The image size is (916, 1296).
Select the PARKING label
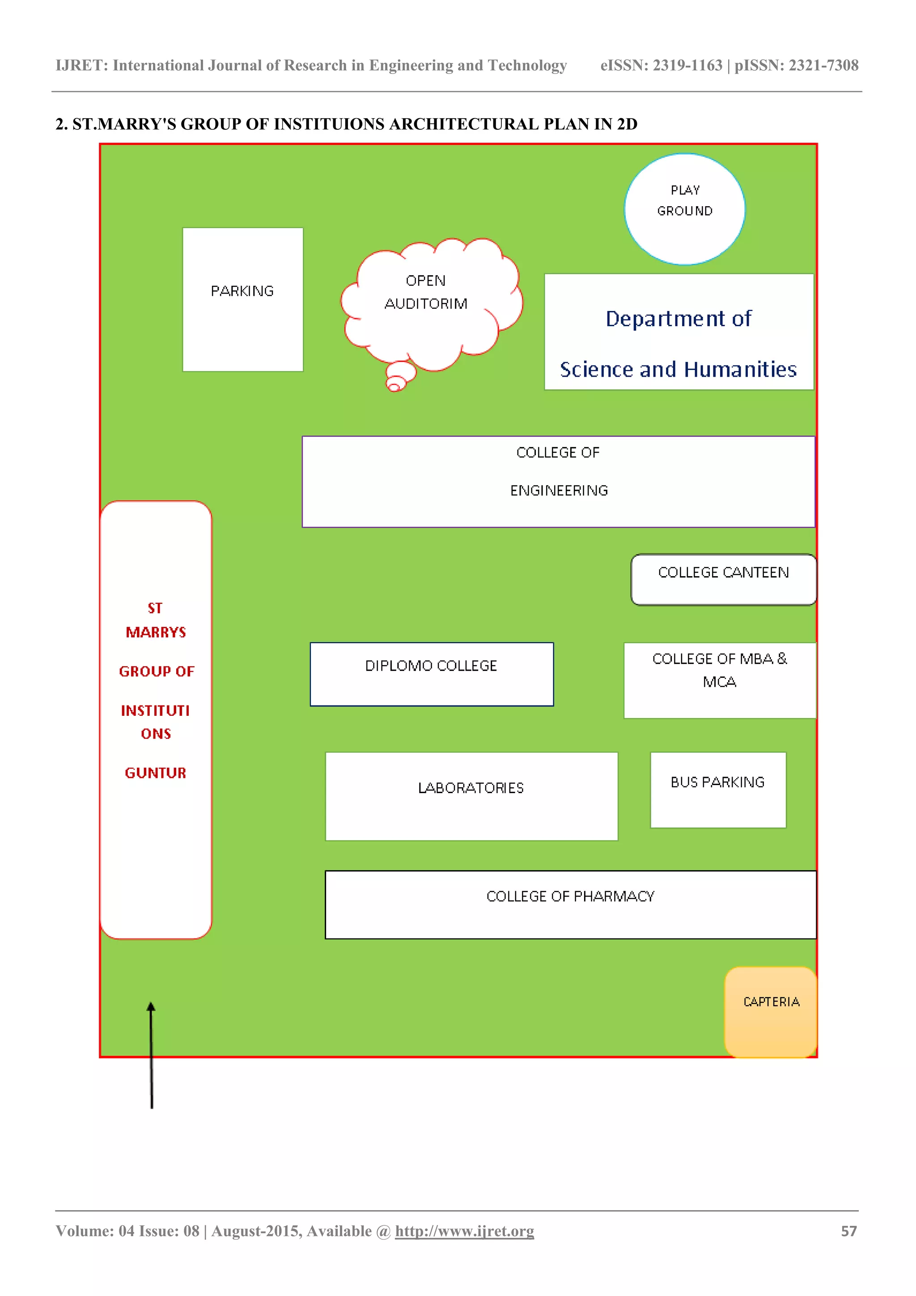(242, 291)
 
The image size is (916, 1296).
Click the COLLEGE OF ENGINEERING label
(558, 472)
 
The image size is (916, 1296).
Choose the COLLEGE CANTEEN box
(723, 580)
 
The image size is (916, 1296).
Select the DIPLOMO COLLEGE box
(431, 674)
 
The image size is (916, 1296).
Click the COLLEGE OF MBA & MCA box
(719, 680)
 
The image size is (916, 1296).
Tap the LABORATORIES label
(471, 788)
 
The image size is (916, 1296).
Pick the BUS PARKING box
(717, 790)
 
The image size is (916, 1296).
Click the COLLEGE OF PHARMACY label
(570, 897)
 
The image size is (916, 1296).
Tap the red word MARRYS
(156, 632)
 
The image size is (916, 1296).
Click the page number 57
(848, 1231)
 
